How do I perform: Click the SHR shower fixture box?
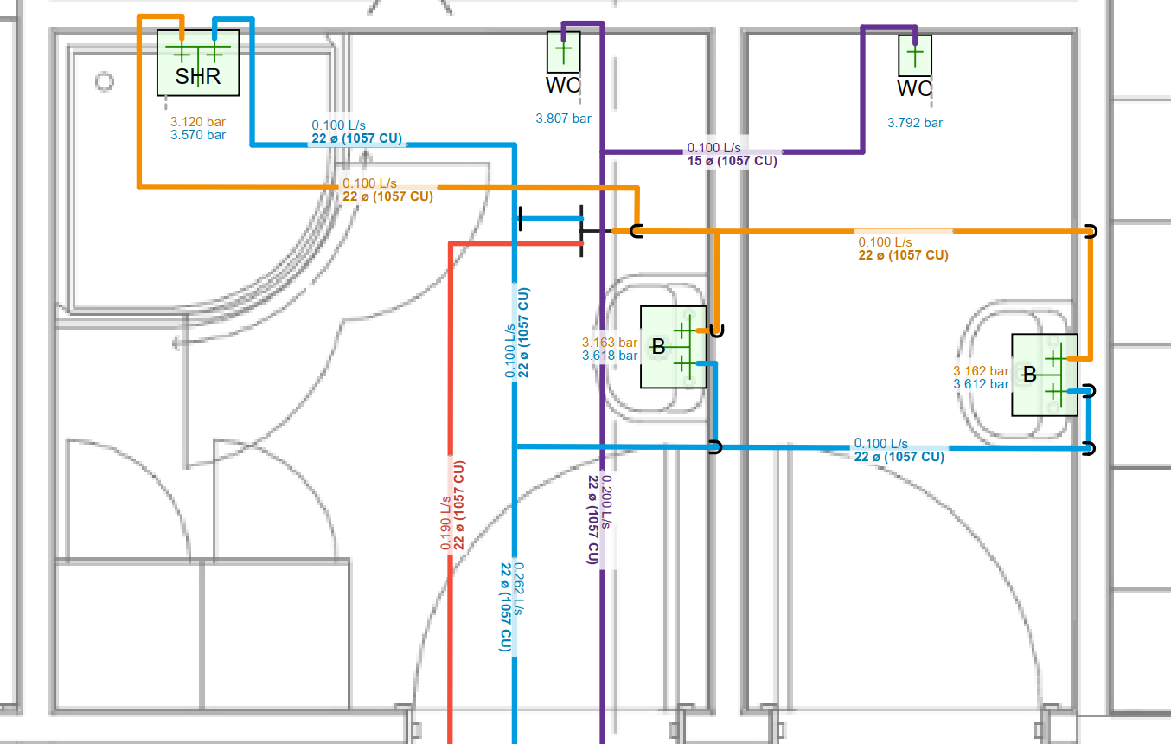pos(197,62)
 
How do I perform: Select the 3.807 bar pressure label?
pos(563,119)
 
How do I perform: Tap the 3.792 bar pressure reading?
pos(915,123)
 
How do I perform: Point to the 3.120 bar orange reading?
pos(197,122)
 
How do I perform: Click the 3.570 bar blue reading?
pos(198,135)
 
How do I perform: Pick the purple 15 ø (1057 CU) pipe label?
pos(732,161)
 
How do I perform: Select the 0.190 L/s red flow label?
pos(445,523)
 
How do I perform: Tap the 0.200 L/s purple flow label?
pos(607,502)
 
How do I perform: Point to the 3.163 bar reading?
pos(609,343)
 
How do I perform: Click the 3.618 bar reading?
pos(609,356)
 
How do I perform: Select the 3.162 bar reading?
pos(981,371)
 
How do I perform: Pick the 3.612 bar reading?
pos(981,384)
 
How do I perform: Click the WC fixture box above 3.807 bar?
pos(563,52)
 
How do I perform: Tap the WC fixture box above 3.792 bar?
pos(915,55)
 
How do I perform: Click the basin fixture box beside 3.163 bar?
pos(673,347)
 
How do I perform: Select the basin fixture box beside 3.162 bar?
pos(1044,375)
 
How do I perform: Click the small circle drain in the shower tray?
pos(105,82)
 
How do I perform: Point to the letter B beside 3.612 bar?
pos(1029,375)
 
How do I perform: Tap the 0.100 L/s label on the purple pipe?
pos(713,149)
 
